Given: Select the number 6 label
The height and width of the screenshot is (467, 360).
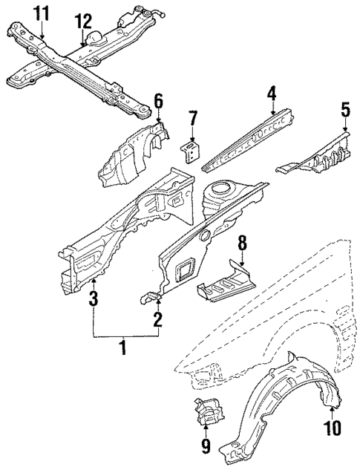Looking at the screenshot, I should (x=157, y=100).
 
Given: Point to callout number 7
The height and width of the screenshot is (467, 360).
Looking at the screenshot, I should (x=193, y=118).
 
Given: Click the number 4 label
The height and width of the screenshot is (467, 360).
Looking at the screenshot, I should (x=272, y=93).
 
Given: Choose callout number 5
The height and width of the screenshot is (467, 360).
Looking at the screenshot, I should (x=344, y=110).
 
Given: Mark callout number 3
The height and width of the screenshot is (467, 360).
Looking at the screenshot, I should (x=93, y=299).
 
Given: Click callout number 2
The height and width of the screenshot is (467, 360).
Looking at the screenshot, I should (x=157, y=319).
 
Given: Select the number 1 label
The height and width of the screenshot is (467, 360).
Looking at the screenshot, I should (x=124, y=347).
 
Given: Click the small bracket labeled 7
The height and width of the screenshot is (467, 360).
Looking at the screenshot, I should (x=193, y=151).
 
